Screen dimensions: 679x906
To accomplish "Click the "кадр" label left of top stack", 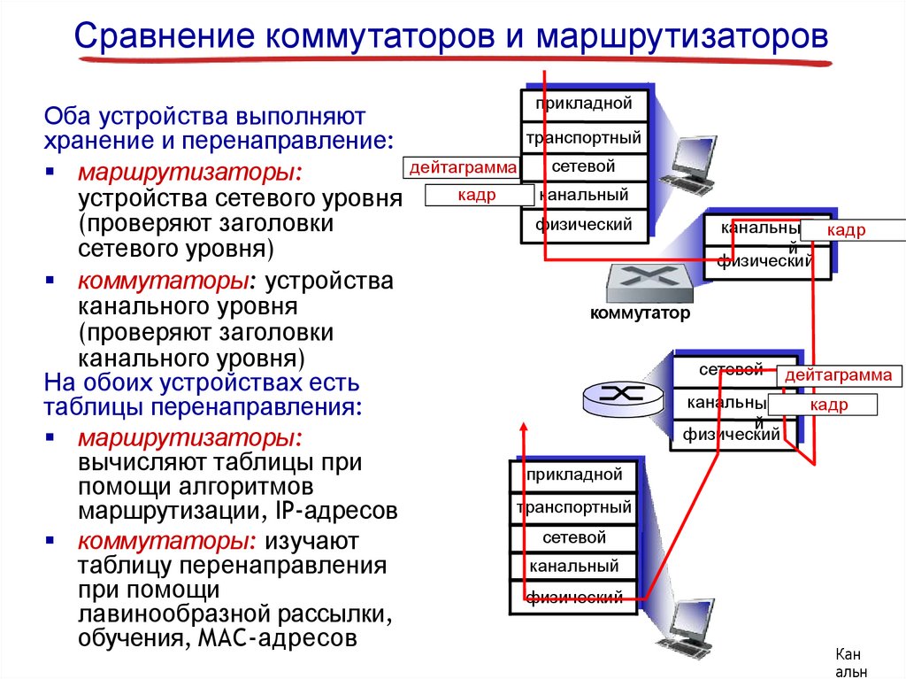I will point(477,195).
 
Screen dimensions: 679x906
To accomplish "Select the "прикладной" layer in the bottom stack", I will point(574,475).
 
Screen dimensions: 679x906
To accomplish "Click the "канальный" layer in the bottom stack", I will point(574,567).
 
